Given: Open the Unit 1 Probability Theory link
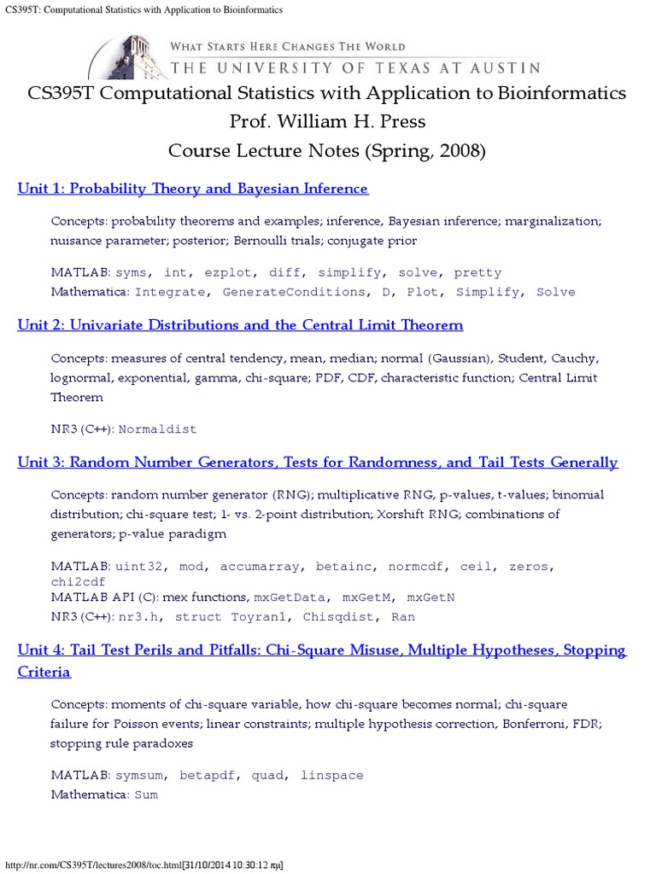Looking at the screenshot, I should pos(192,189).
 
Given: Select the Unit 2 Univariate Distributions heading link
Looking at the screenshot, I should pos(240,325).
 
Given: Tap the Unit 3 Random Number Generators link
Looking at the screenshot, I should pos(317,463).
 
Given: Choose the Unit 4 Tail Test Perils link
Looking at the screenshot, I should pos(321,650).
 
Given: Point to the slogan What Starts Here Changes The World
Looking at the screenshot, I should pos(288,46).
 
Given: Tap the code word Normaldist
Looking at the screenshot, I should pos(157,429).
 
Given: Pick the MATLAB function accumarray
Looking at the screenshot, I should pos(260,567).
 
